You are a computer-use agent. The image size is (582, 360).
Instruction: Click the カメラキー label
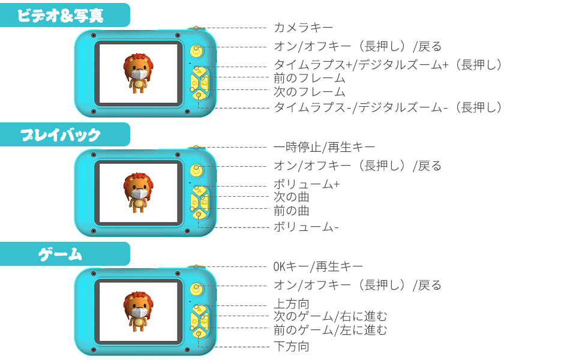tap(303, 28)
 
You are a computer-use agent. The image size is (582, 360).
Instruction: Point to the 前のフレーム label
tap(310, 78)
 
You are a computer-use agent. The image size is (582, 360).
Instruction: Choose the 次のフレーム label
tap(310, 92)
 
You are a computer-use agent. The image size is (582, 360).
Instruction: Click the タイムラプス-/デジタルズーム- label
tap(388, 107)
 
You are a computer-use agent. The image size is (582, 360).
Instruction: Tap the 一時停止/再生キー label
tap(325, 147)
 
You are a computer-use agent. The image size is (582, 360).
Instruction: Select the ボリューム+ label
tap(307, 184)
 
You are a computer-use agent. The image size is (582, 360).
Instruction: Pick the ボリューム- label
tap(307, 227)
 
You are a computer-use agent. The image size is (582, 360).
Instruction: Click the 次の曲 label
tap(292, 197)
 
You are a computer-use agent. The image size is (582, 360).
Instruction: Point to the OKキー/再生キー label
tap(319, 266)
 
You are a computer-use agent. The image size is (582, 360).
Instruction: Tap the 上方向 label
tap(292, 304)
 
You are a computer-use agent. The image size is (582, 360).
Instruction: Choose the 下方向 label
tap(292, 346)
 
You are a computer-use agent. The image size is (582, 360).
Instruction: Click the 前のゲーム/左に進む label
tap(331, 330)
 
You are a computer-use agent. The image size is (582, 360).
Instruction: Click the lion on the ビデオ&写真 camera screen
tap(139, 73)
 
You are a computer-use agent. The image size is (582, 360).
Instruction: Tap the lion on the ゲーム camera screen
tap(139, 311)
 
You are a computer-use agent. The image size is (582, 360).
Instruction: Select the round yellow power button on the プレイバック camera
tap(195, 170)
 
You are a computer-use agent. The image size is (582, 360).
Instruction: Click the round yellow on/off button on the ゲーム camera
tap(195, 289)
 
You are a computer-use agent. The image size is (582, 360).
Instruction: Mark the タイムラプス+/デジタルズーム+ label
tap(388, 65)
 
